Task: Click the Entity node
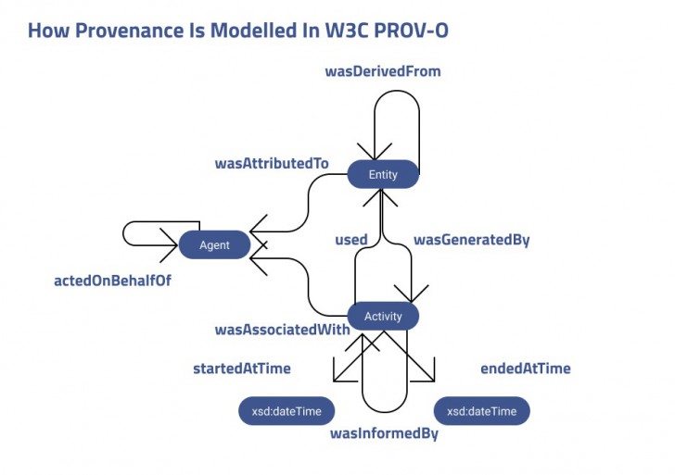click(x=383, y=174)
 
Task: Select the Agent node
click(x=214, y=244)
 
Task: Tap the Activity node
click(x=383, y=316)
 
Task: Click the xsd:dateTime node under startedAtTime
click(x=287, y=410)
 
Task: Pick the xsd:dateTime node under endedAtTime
click(x=481, y=410)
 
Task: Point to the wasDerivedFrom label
click(x=382, y=71)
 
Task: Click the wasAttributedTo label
click(x=272, y=163)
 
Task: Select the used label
click(x=350, y=240)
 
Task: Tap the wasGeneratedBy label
click(x=471, y=240)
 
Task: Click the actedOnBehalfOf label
click(x=112, y=280)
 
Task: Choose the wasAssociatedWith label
click(x=282, y=329)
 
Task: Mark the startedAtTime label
click(x=241, y=369)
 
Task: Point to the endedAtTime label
click(x=525, y=369)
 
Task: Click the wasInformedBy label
click(x=384, y=432)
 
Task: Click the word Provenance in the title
click(x=133, y=30)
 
